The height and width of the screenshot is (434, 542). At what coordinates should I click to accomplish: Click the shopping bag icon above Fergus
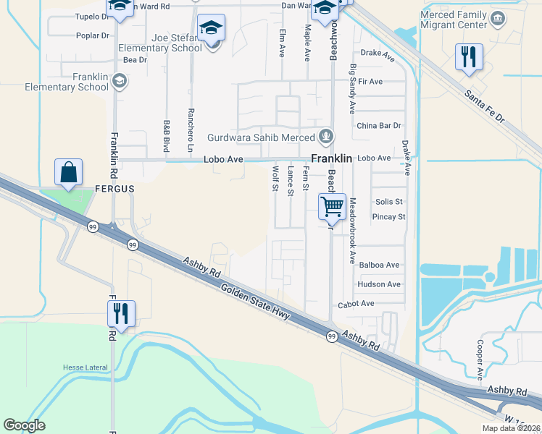[x=68, y=173]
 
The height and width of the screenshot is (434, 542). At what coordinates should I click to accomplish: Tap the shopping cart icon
[x=332, y=205]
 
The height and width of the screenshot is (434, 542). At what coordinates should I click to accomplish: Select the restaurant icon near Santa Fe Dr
[x=469, y=56]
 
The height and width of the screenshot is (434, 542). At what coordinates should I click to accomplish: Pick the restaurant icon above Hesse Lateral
[x=121, y=313]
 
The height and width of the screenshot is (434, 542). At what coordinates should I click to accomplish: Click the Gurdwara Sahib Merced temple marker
[x=327, y=136]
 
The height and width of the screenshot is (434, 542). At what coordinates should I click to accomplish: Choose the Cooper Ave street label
[x=480, y=359]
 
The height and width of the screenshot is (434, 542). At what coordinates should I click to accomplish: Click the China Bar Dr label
[x=378, y=126]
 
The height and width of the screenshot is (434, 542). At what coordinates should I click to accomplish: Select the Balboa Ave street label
[x=379, y=265]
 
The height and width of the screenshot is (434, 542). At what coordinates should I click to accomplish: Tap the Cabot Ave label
[x=355, y=304]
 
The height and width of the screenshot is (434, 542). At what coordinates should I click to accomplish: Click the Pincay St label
[x=389, y=216]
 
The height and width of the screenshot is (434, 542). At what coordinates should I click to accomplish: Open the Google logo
[x=24, y=425]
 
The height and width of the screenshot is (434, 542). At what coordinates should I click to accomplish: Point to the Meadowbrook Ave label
[x=352, y=230]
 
